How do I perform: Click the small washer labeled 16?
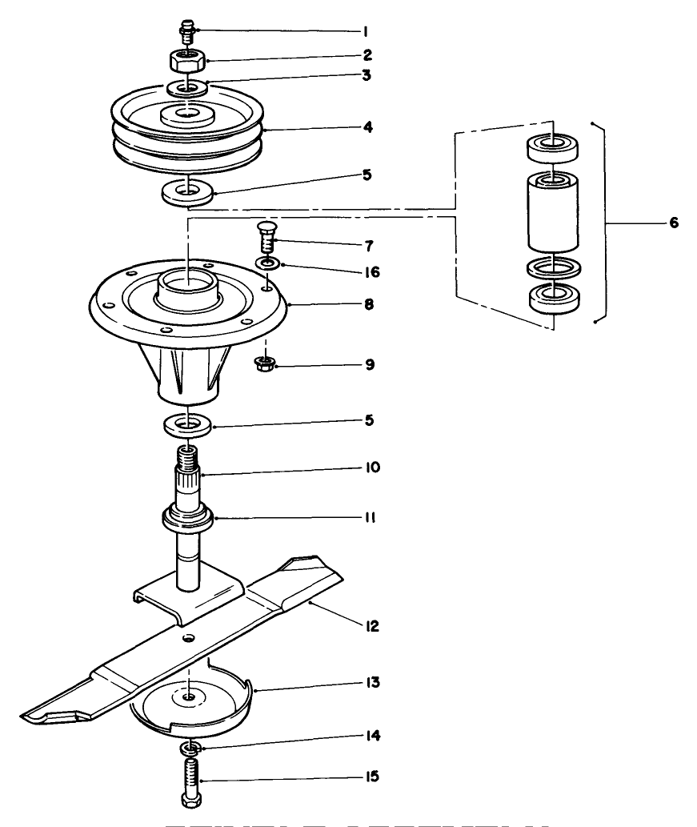268,263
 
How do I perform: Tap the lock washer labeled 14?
189,748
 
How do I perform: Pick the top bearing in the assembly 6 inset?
553,148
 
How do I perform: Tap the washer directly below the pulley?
188,193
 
